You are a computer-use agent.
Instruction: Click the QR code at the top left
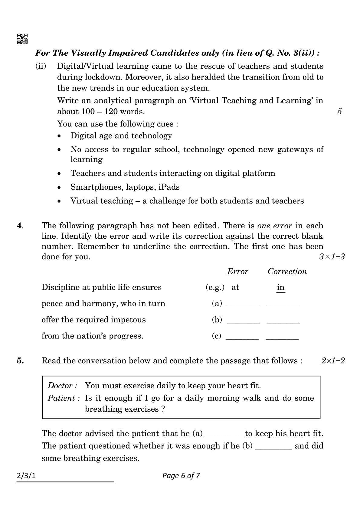(22, 39)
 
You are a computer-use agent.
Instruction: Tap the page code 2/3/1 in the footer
(26, 476)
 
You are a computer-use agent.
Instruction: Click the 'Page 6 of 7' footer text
(181, 476)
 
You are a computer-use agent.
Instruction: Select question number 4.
(20, 226)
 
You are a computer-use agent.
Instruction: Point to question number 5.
(20, 361)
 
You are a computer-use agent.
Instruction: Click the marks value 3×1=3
(332, 257)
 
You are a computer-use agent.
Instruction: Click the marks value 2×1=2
(333, 361)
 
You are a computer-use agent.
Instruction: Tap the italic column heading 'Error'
(237, 272)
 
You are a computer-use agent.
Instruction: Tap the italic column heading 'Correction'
(287, 272)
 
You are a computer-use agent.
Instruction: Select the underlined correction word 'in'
(281, 287)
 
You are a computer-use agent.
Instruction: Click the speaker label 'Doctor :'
(63, 386)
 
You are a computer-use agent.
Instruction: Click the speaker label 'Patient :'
(64, 398)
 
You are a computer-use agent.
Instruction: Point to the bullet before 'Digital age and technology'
(60, 136)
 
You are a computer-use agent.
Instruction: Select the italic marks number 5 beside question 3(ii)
(339, 112)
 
